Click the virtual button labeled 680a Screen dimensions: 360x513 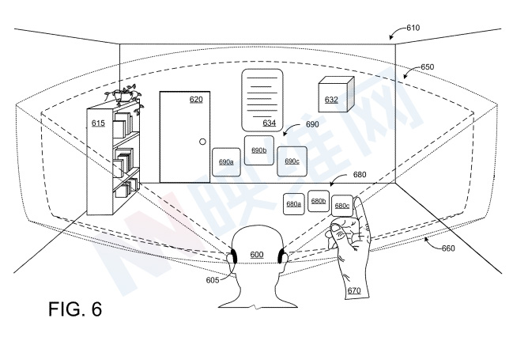coord(294,203)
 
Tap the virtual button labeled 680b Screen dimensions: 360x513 coord(319,201)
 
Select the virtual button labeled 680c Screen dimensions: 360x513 coord(342,205)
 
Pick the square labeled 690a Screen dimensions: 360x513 coord(226,161)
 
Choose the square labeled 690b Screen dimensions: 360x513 coord(258,150)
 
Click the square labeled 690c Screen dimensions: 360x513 coord(292,161)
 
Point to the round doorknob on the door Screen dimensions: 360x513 coord(202,142)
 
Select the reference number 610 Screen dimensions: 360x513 coord(413,28)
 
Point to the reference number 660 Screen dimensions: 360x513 coord(447,248)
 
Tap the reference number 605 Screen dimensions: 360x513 coord(213,280)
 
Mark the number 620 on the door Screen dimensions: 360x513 coord(195,100)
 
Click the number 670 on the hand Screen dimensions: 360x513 coord(353,290)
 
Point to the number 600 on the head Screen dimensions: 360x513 coord(256,254)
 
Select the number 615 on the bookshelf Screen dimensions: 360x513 coord(98,123)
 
